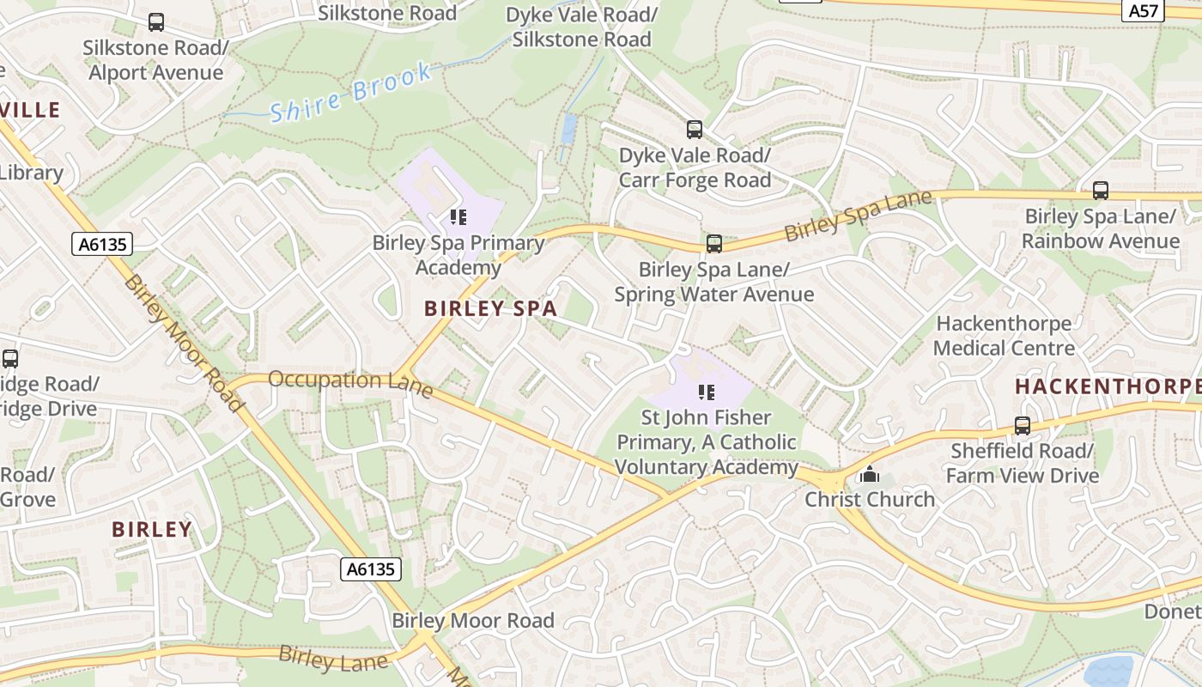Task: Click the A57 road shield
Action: point(1144,10)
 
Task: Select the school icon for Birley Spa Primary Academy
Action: point(458,216)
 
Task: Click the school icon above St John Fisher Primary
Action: point(707,392)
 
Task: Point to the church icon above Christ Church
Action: point(869,473)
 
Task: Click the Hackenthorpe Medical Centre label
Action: point(1004,336)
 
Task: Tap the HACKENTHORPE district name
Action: point(1108,386)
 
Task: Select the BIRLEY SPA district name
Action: point(490,308)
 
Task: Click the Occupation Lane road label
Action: point(350,383)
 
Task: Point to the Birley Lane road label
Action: point(333,659)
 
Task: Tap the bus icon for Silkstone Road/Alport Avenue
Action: point(155,22)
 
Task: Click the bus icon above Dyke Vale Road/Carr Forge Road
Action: point(694,130)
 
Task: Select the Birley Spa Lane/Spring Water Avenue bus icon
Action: point(713,244)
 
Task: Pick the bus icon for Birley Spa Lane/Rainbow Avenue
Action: point(1100,191)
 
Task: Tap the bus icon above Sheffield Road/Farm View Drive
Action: point(1022,425)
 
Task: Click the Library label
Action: point(31,173)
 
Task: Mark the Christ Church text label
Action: point(869,499)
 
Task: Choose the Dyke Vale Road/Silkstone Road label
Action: point(581,27)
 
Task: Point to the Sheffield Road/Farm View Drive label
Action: point(1022,463)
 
